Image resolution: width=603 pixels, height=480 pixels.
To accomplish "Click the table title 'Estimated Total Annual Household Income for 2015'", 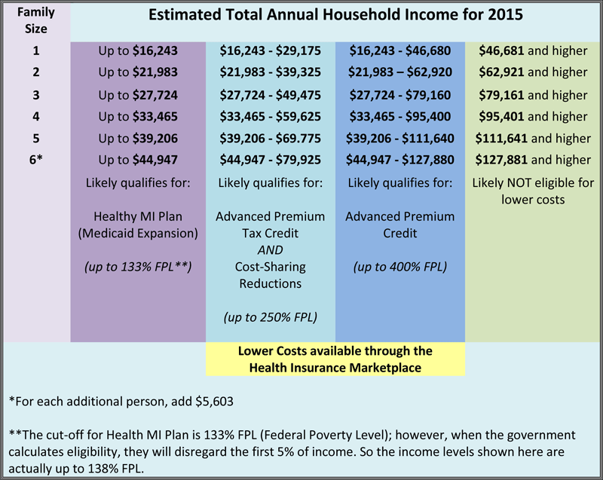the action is pyautogui.click(x=335, y=14).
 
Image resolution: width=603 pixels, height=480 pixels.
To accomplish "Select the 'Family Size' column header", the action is pyautogui.click(x=35, y=20).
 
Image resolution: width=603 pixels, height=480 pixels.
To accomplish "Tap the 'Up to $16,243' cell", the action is pyautogui.click(x=138, y=50).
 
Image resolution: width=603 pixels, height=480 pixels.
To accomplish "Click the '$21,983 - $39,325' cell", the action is pyautogui.click(x=271, y=72).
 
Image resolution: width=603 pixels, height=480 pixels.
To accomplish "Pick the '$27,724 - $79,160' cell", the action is pyautogui.click(x=400, y=95).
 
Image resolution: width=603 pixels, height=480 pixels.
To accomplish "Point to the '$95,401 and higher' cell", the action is pyautogui.click(x=533, y=117).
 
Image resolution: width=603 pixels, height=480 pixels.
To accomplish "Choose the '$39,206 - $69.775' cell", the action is pyautogui.click(x=271, y=139).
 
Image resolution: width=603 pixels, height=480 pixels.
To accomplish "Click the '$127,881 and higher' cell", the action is pyautogui.click(x=533, y=160).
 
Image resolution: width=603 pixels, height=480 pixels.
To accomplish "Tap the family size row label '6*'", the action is pyautogui.click(x=35, y=160).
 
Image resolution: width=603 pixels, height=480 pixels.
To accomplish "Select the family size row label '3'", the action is pyautogui.click(x=35, y=95).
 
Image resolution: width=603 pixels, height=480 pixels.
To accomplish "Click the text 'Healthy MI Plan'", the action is pyautogui.click(x=138, y=216).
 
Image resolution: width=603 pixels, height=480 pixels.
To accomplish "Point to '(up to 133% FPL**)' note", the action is pyautogui.click(x=138, y=267).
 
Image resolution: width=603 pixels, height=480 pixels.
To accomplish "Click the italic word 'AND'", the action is pyautogui.click(x=271, y=250).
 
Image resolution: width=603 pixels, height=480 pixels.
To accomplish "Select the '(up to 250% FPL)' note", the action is pyautogui.click(x=271, y=317).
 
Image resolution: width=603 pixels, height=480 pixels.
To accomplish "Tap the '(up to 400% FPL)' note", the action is pyautogui.click(x=400, y=267).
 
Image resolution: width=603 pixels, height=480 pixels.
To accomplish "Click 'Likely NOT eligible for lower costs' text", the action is pyautogui.click(x=533, y=191).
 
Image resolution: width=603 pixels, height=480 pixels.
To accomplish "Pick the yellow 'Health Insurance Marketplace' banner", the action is pyautogui.click(x=335, y=359).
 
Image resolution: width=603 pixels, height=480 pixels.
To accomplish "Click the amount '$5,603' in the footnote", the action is pyautogui.click(x=214, y=402).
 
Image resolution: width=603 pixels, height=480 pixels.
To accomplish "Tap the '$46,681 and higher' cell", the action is pyautogui.click(x=533, y=50).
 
